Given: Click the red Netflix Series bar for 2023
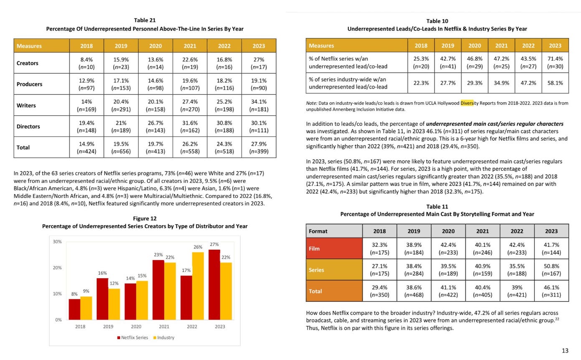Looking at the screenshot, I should (x=214, y=284).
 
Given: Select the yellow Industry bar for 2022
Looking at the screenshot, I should (x=198, y=286).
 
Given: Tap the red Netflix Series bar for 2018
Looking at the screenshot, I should (x=74, y=309).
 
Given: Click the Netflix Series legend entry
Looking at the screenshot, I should (x=132, y=337).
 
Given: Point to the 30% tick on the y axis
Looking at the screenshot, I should (x=57, y=241).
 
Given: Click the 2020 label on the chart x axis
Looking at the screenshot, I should (x=136, y=327).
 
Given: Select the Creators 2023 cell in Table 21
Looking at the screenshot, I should (x=259, y=63).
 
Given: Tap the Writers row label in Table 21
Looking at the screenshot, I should (x=26, y=105).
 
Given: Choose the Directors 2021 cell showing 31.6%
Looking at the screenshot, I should (x=190, y=126).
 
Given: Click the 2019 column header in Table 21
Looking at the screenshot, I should (x=121, y=46).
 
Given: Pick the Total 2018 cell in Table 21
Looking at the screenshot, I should (x=86, y=147).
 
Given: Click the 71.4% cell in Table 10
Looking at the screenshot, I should (x=555, y=62).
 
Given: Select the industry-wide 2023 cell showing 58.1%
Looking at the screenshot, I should (x=555, y=83).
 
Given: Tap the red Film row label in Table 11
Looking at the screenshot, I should (x=334, y=248).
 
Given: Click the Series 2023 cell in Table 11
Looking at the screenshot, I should (x=551, y=270).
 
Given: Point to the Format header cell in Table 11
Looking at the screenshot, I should (x=334, y=231).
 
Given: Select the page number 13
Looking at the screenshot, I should (x=565, y=350).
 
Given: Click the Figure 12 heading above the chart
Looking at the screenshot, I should (x=145, y=218).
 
